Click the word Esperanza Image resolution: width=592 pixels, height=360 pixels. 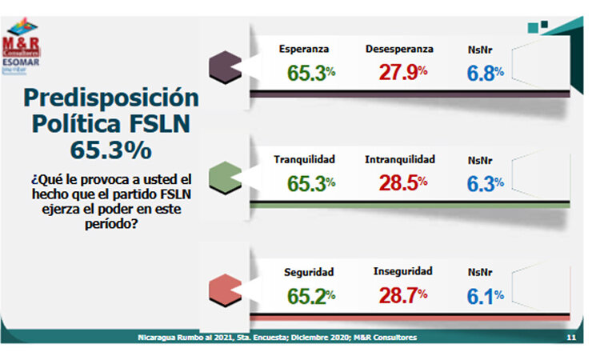coord(303,49)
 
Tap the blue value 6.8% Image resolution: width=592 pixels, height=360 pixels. coord(486,72)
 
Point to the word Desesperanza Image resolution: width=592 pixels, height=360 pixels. coord(399,49)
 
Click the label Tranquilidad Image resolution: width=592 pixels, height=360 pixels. coord(304,159)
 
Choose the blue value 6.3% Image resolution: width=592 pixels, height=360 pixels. coord(486,183)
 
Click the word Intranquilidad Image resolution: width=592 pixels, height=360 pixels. coord(400,159)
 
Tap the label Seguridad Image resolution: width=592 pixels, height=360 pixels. coord(309,271)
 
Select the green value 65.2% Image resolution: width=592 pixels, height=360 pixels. coord(309,295)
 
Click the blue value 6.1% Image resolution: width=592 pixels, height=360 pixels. coord(486,295)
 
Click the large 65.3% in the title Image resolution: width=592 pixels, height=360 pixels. coord(99,150)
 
